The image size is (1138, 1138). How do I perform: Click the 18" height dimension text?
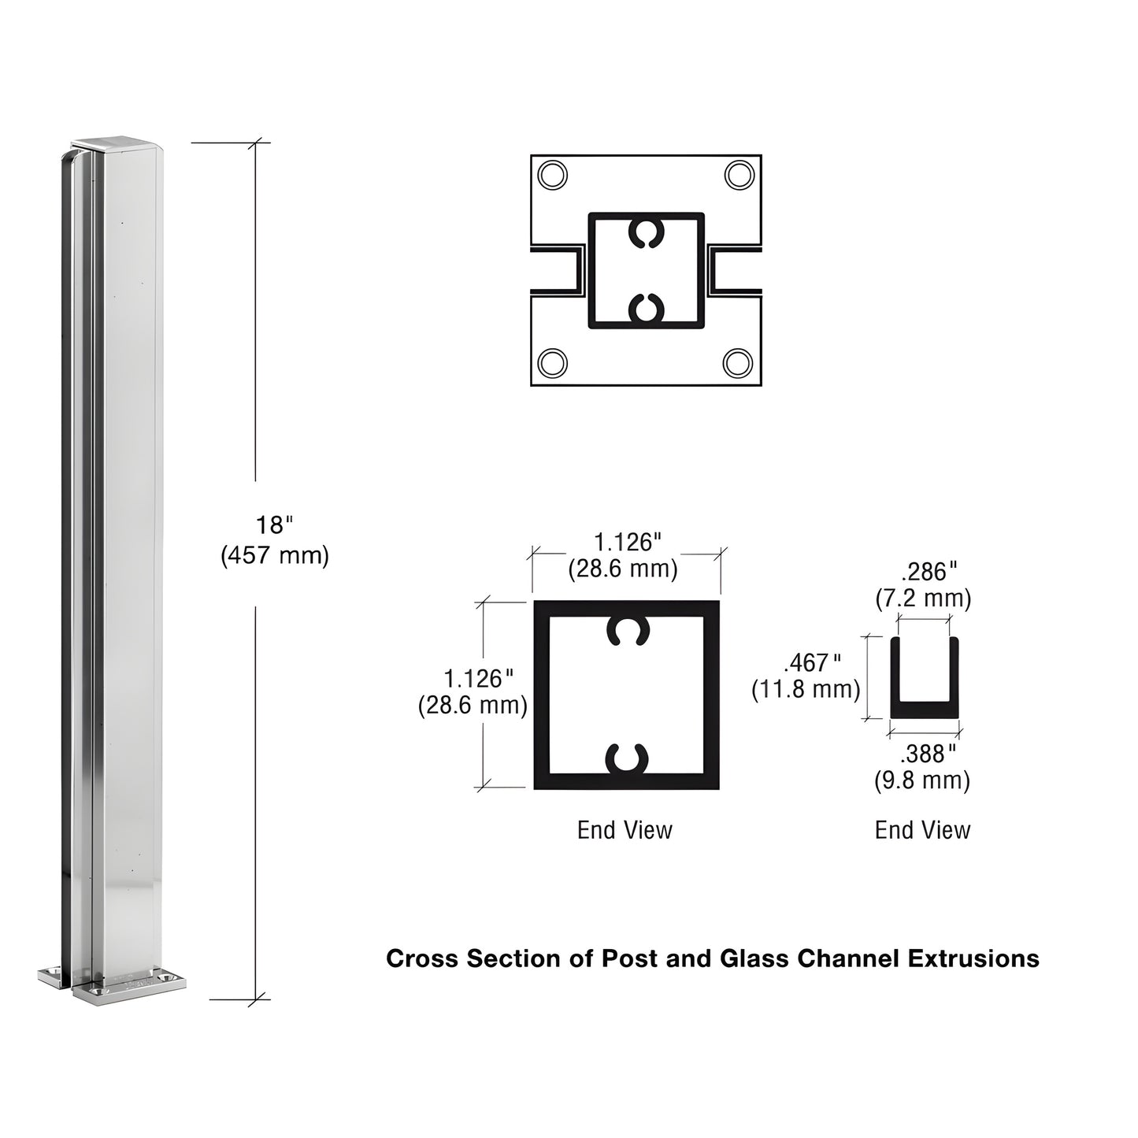pyautogui.click(x=273, y=525)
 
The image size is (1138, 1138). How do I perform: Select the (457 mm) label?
pyautogui.click(x=274, y=555)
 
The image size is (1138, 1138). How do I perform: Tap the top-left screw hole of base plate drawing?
pyautogui.click(x=552, y=175)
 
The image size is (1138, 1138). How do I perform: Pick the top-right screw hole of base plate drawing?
pyautogui.click(x=739, y=175)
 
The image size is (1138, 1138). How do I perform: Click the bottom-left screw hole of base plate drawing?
pyautogui.click(x=552, y=363)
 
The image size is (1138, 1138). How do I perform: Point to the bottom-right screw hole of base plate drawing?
pyautogui.click(x=738, y=363)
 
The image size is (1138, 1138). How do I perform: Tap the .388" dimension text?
pyautogui.click(x=928, y=754)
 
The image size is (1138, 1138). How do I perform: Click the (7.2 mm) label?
pyautogui.click(x=923, y=599)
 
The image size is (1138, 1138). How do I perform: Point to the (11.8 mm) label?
pyautogui.click(x=806, y=690)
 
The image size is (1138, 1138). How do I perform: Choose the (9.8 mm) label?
pyautogui.click(x=922, y=781)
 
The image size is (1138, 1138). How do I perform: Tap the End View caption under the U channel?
pyautogui.click(x=922, y=830)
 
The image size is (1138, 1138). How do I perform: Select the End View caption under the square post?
pyautogui.click(x=625, y=830)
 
